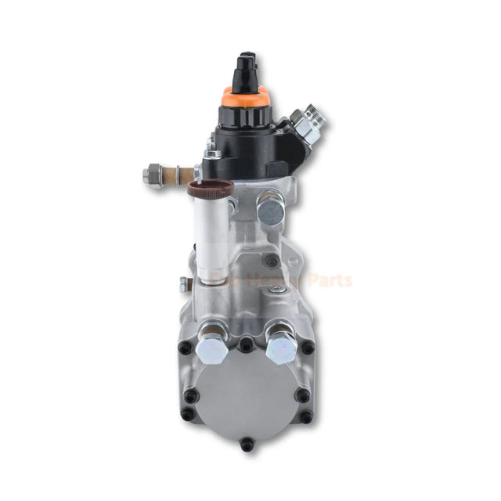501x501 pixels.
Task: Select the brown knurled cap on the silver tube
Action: (x=211, y=188)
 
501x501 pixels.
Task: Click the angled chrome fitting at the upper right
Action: (x=309, y=125)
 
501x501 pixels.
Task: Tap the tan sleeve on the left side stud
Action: (x=186, y=174)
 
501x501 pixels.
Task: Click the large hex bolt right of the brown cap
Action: (x=270, y=210)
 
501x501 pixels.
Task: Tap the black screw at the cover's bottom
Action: (x=248, y=444)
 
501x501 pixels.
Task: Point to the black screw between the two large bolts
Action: (x=246, y=342)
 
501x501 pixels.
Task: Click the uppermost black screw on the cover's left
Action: (x=185, y=347)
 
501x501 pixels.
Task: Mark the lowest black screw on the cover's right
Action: (x=305, y=416)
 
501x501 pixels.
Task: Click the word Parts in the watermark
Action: (x=329, y=280)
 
